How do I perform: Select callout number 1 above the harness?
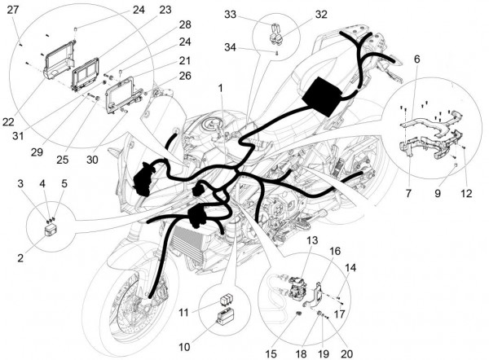[220, 86]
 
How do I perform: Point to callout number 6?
[416, 59]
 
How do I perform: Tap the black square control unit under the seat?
[324, 94]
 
